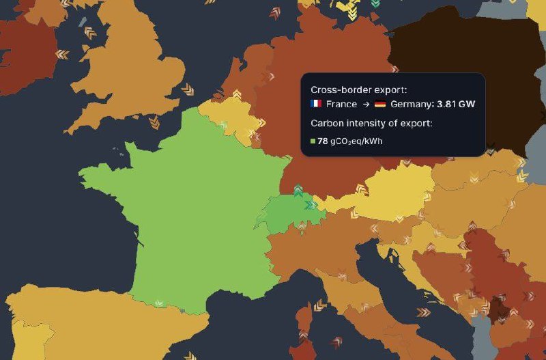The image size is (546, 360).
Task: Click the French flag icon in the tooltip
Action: pos(316,104)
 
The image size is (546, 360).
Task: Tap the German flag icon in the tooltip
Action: pos(380,104)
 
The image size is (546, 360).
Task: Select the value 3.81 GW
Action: pos(456,104)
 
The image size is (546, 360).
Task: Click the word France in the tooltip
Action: pos(341,104)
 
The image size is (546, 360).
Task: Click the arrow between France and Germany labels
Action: pos(366,104)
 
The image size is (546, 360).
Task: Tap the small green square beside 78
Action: pos(313,141)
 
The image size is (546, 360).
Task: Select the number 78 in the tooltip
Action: pos(323,141)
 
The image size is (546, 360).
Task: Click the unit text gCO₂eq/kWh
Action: pos(357,141)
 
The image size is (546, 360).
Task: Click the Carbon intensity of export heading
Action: pos(371,124)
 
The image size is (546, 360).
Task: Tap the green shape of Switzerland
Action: pos(290,212)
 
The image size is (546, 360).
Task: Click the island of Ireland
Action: pos(27,48)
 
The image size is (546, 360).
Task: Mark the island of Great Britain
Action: pos(136,68)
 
